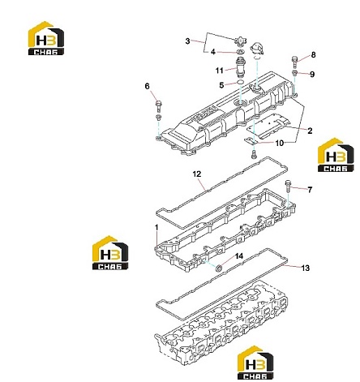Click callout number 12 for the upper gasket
click(x=197, y=174)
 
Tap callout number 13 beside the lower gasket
click(x=305, y=268)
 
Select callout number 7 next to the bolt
click(x=310, y=190)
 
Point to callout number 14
click(x=239, y=256)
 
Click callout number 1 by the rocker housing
click(x=156, y=228)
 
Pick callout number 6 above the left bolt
click(x=147, y=86)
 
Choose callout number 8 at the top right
click(x=313, y=55)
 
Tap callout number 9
click(x=312, y=75)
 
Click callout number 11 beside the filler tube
click(x=219, y=71)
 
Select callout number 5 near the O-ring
click(x=221, y=85)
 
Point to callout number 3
click(x=187, y=41)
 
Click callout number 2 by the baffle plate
click(x=310, y=131)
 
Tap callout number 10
click(x=280, y=144)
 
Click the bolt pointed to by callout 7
click(x=288, y=187)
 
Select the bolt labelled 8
click(x=294, y=62)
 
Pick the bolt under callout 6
click(x=158, y=106)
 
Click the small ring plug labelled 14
click(x=218, y=268)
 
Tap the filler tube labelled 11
click(x=240, y=67)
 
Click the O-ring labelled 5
click(x=240, y=82)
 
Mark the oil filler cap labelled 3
click(x=240, y=42)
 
